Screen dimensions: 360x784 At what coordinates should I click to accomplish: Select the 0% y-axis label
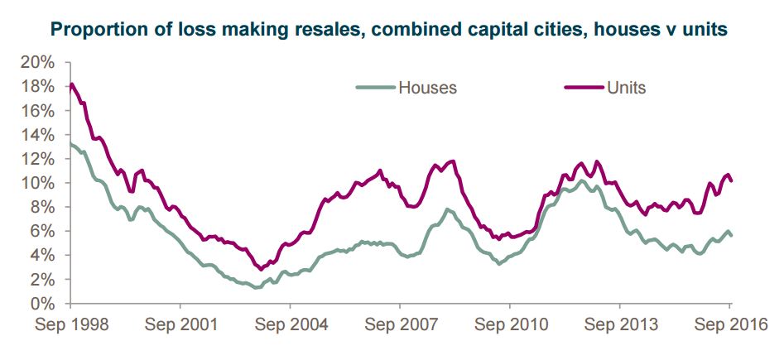click(x=45, y=305)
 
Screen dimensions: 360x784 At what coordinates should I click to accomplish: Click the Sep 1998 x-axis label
click(x=70, y=324)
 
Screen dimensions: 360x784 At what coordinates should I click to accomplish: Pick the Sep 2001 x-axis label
click(x=180, y=324)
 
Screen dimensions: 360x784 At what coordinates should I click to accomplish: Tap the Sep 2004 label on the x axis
click(x=290, y=324)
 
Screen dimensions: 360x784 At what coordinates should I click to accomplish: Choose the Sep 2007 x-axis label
click(x=400, y=324)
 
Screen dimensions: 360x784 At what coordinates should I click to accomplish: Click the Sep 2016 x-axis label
click(x=729, y=324)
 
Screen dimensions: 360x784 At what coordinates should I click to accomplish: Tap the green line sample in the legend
click(x=375, y=86)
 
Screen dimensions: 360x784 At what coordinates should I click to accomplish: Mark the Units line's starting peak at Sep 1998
click(x=72, y=84)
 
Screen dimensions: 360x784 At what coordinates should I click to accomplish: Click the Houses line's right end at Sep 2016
click(x=731, y=236)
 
